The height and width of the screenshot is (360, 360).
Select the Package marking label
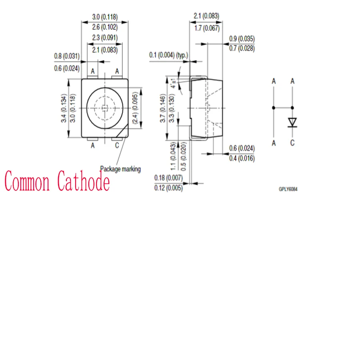click(120, 169)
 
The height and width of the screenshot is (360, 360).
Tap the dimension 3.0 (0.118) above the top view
click(105, 17)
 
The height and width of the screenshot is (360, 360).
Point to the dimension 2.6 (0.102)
click(105, 27)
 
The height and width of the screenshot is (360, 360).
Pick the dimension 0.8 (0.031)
click(67, 56)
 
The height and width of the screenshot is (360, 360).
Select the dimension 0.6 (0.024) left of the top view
click(67, 68)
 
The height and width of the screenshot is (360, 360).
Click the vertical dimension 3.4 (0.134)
click(64, 108)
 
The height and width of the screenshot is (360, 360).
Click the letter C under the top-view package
click(117, 146)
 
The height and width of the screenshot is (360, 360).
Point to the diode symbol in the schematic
click(293, 122)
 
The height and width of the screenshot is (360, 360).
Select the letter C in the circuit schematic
click(292, 143)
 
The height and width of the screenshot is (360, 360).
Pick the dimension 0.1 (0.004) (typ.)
click(168, 55)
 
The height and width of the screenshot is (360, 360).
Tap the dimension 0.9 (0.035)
click(242, 39)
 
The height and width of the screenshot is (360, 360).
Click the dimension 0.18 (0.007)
click(168, 178)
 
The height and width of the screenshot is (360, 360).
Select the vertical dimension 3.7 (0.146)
click(163, 108)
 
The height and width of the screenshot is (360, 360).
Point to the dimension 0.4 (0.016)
click(242, 158)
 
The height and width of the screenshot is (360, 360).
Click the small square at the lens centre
click(104, 108)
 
